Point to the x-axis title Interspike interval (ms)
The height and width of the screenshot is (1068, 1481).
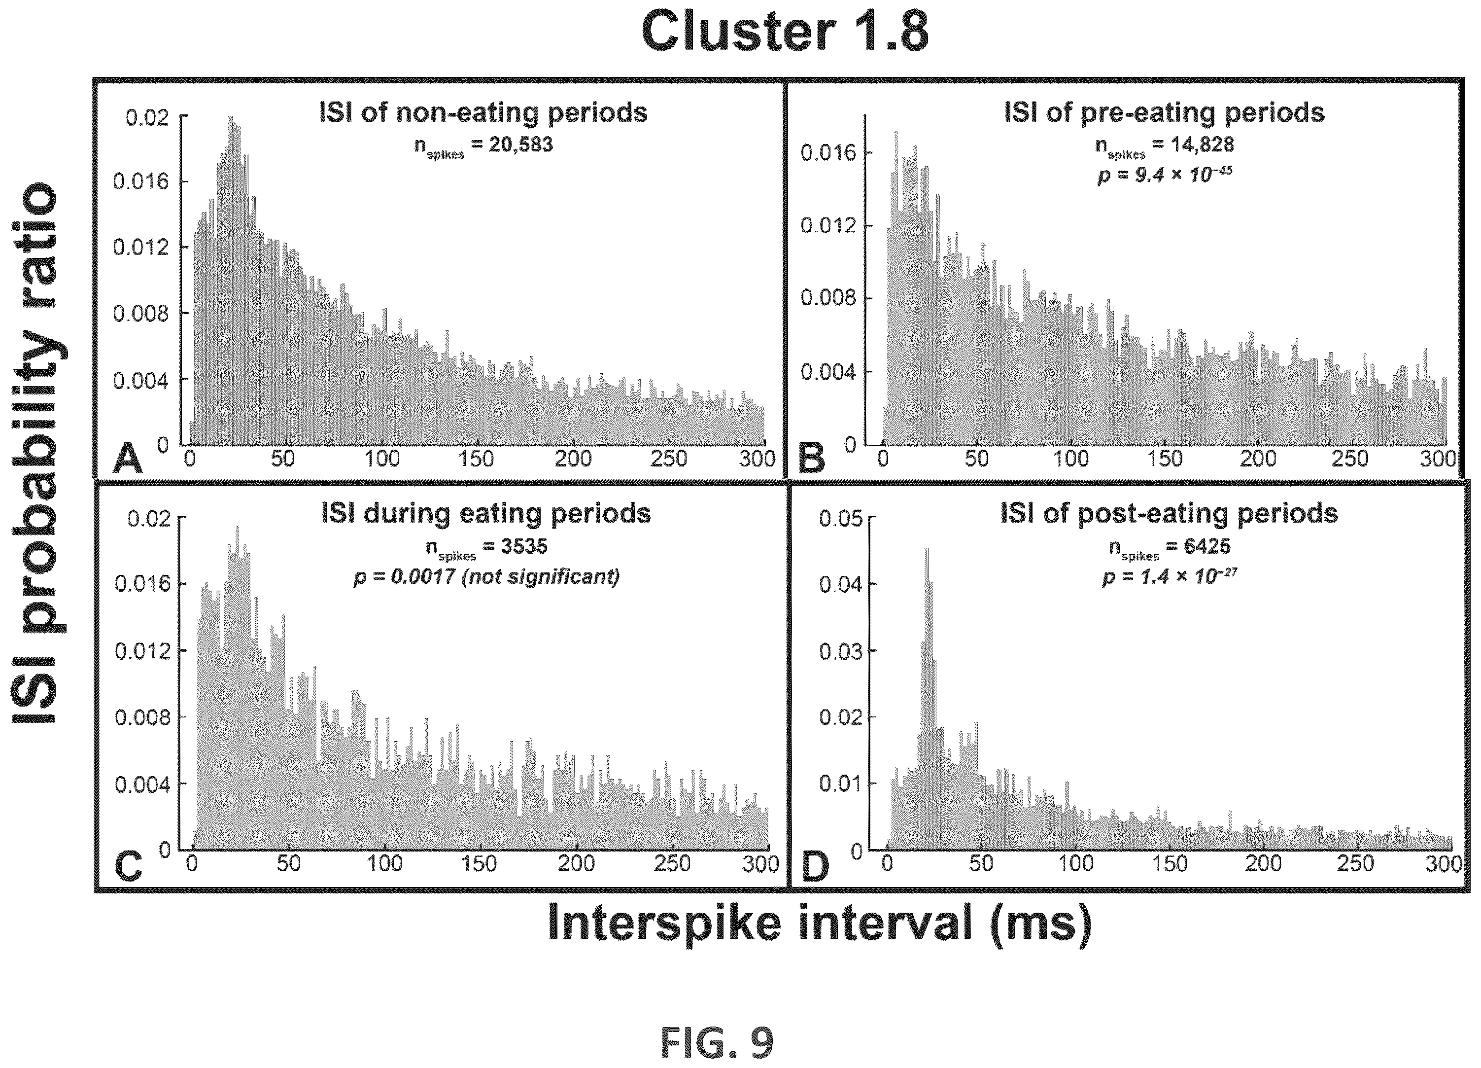(x=819, y=923)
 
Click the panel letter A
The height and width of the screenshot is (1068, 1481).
(x=127, y=459)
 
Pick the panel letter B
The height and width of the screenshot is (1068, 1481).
(x=812, y=458)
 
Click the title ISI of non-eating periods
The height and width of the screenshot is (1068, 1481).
(x=483, y=112)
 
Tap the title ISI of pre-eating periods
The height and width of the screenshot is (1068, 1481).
(x=1164, y=112)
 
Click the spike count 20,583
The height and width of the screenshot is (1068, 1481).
(x=521, y=144)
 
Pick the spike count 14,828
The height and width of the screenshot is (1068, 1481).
(x=1202, y=144)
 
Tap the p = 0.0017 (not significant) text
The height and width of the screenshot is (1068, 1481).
(x=486, y=577)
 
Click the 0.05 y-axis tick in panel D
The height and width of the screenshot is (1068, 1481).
(x=840, y=519)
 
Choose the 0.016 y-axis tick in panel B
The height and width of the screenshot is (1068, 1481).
(x=828, y=153)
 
